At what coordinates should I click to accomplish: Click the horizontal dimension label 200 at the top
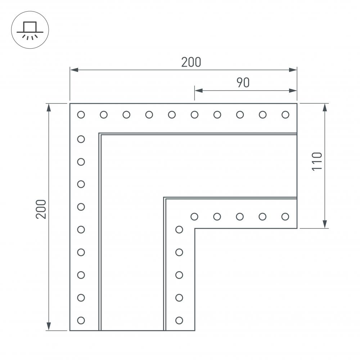click(x=191, y=62)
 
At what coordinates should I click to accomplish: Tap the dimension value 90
click(x=243, y=83)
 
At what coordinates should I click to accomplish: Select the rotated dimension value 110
click(x=317, y=161)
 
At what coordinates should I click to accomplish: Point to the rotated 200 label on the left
click(x=41, y=209)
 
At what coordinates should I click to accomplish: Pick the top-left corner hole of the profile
click(x=81, y=115)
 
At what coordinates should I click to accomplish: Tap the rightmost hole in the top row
click(x=285, y=115)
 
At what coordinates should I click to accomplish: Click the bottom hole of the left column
click(x=81, y=320)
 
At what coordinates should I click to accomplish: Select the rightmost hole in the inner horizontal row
click(x=285, y=217)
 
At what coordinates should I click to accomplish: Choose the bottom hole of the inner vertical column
click(x=179, y=320)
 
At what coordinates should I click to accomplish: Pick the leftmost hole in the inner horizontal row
click(x=194, y=217)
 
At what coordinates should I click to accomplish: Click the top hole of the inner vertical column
click(x=179, y=229)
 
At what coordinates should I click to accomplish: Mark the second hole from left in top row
click(x=104, y=115)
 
